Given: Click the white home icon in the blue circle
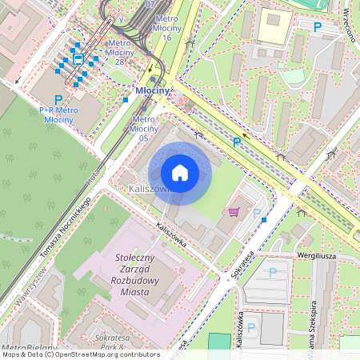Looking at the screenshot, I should point(180,173).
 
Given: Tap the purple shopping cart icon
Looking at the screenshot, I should point(234,212).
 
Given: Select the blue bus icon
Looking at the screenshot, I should point(78,58).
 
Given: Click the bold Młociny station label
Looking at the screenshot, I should point(153,91).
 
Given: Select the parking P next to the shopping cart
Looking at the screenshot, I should point(257,213).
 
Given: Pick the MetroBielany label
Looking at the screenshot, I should point(29,348).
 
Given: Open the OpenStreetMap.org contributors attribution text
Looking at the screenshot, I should point(112,354).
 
